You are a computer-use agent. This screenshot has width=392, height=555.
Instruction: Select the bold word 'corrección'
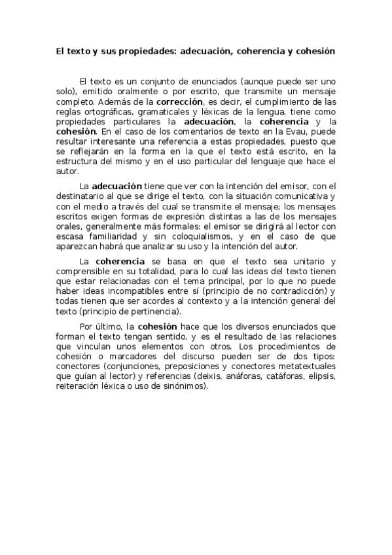click(x=177, y=102)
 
